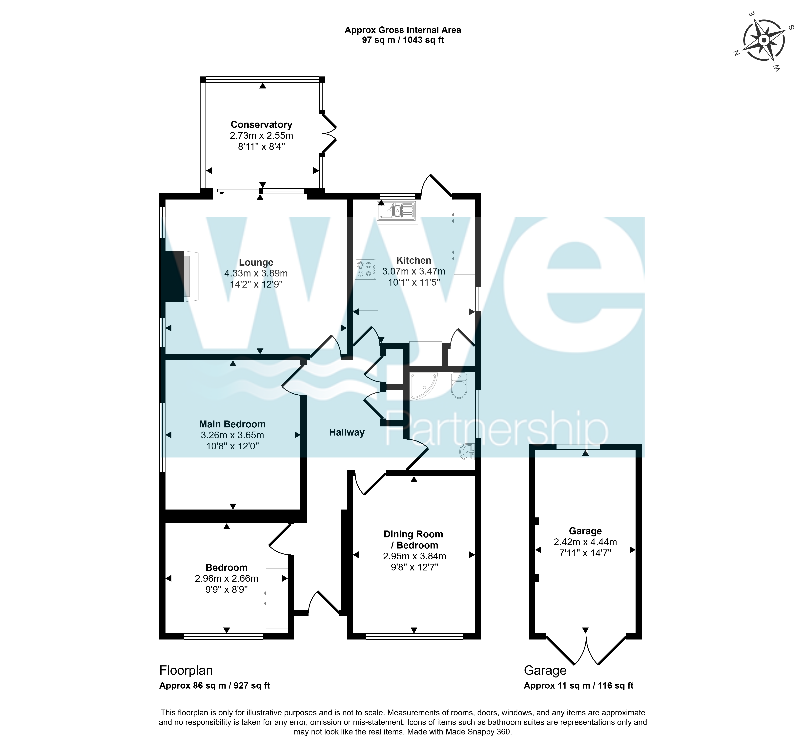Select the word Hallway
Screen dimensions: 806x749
(x=347, y=432)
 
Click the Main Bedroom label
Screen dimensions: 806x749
(x=232, y=424)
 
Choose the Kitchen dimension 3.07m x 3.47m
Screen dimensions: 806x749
(x=414, y=271)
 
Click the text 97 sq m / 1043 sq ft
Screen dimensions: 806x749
(x=403, y=40)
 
